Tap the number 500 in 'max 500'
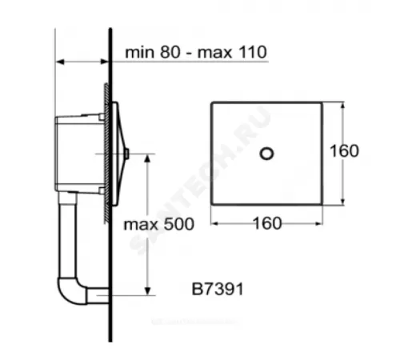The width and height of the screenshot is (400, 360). point(178,225)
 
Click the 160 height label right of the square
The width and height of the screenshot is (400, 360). point(343,150)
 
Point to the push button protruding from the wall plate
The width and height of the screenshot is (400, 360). point(126,152)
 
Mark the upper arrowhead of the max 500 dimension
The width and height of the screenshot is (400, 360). point(146,158)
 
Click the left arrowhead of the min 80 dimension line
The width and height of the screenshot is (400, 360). point(58,61)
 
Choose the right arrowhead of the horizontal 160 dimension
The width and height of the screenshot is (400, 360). point(322,223)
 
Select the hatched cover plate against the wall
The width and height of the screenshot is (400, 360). point(106,152)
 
